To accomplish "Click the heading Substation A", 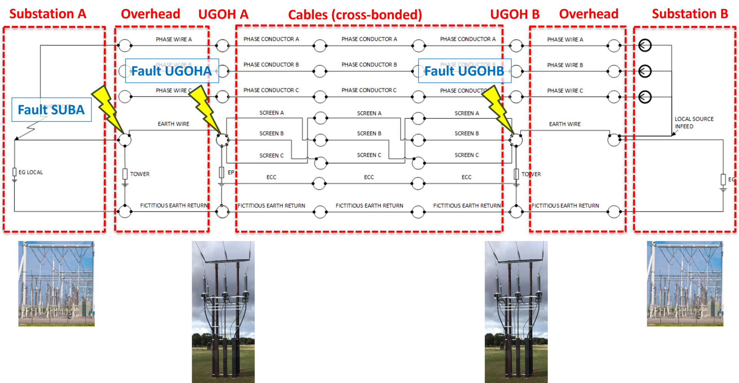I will [48, 14].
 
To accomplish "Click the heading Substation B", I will [690, 14].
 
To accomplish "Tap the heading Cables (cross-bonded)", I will [355, 15].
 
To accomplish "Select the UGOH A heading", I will [223, 15].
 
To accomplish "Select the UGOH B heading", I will [515, 15].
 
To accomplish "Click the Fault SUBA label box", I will [51, 110].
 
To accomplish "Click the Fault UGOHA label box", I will [172, 71].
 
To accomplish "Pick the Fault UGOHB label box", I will [464, 71].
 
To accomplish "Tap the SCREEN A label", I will [272, 113].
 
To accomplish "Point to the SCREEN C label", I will [272, 156].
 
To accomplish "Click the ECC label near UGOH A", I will [271, 177].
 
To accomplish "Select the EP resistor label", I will [231, 173].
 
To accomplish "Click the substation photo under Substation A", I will [57, 284].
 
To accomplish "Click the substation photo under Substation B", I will [685, 284].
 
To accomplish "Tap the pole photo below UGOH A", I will [223, 311].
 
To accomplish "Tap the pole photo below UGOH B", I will [516, 311].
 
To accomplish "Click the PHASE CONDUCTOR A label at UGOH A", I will [271, 39].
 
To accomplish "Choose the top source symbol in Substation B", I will [645, 45].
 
